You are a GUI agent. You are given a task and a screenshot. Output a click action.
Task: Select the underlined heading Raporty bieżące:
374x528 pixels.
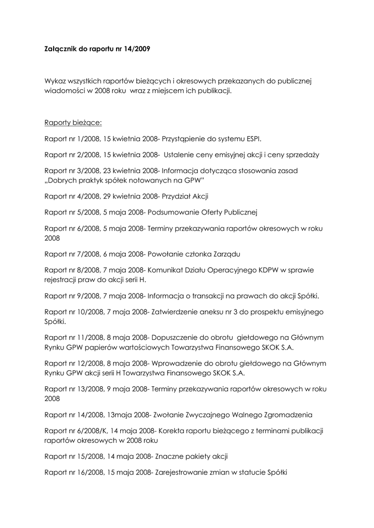coord(73,123)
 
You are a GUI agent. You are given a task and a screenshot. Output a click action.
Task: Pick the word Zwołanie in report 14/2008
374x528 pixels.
coord(168,415)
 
